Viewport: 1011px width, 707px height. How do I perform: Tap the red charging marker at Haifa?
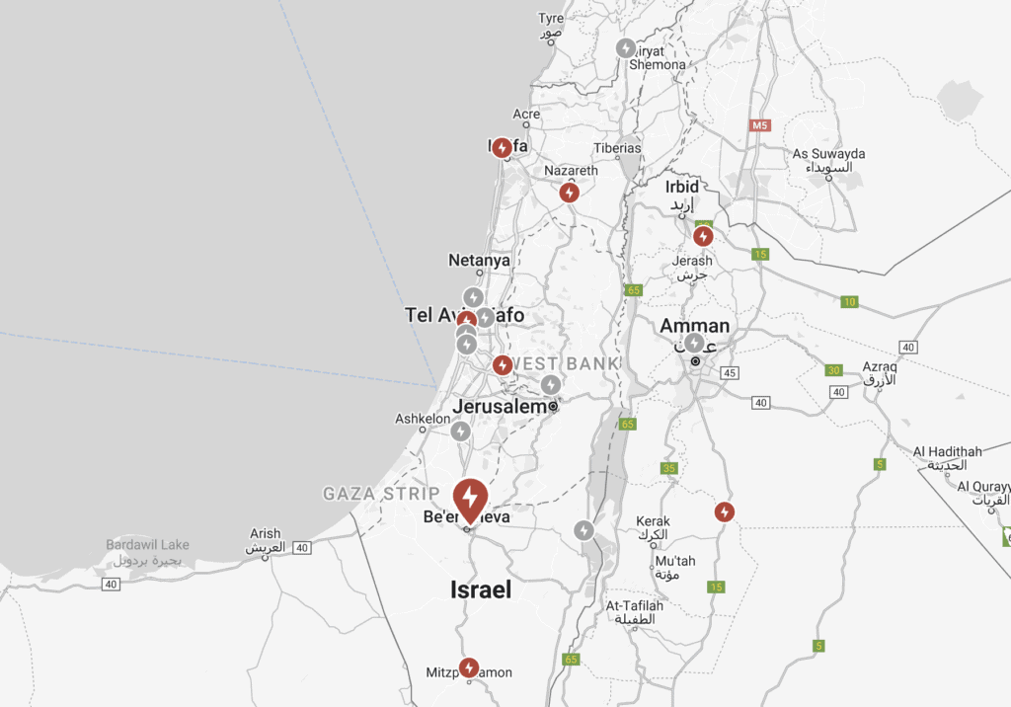(x=502, y=147)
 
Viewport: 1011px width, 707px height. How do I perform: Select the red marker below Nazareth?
(x=569, y=193)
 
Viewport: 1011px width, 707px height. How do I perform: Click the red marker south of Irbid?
(x=703, y=236)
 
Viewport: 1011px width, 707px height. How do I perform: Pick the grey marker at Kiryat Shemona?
(x=626, y=47)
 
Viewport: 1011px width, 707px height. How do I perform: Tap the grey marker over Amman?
(x=695, y=343)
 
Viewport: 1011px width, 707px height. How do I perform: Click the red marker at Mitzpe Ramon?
(x=469, y=668)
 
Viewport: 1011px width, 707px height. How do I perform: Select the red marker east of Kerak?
(x=725, y=511)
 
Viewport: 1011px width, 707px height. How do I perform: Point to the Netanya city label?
(x=479, y=261)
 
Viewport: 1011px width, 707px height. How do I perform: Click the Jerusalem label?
(x=500, y=406)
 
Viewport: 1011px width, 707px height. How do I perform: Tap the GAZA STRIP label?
(x=381, y=493)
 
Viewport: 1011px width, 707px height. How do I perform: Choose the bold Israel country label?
(x=481, y=589)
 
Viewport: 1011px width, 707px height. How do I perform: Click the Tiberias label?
(x=617, y=148)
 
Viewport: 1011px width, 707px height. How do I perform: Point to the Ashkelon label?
(x=423, y=419)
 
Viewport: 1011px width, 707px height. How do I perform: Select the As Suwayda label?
(x=828, y=154)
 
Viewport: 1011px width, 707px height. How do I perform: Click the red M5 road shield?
(x=759, y=125)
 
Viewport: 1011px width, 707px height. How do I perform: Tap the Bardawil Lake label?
(x=147, y=545)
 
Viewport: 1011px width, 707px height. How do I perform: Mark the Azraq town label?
(x=878, y=366)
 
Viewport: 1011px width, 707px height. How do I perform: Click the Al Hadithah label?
(x=947, y=451)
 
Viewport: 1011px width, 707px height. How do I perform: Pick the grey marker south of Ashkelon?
(x=460, y=431)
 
